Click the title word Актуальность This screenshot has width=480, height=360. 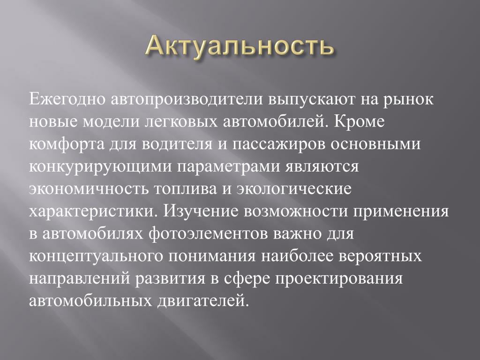240,46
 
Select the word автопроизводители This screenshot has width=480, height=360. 187,100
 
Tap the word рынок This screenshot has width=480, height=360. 408,100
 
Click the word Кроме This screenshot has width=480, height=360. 359,121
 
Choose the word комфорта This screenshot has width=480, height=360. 67,144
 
